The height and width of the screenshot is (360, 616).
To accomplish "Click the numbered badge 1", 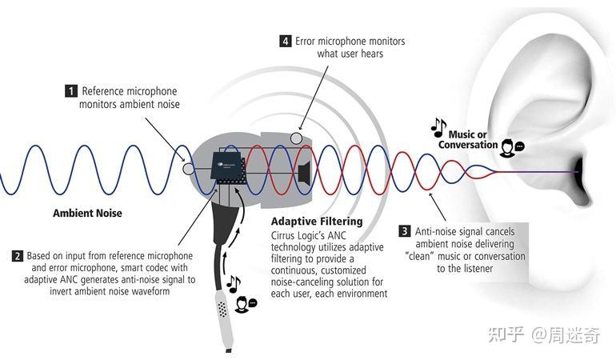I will [x=71, y=91].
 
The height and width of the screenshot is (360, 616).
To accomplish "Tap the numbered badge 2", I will [x=17, y=256].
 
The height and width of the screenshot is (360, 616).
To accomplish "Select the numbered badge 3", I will [x=405, y=231].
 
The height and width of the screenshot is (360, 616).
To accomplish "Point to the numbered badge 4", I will [x=286, y=41].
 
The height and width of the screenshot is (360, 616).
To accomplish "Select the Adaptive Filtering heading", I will [x=317, y=221].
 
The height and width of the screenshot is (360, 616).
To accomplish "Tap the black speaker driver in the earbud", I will [x=303, y=171].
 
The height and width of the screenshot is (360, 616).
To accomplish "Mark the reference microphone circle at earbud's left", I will [x=189, y=169].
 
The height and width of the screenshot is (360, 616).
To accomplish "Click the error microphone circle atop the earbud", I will [x=297, y=138].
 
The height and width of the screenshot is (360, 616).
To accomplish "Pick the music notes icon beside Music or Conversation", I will [x=438, y=126].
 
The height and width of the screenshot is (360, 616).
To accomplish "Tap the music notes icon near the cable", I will [x=234, y=284].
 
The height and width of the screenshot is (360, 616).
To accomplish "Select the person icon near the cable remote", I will [x=243, y=305].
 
